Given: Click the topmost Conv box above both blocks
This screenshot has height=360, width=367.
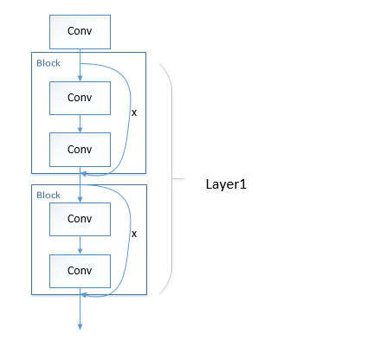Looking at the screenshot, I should (80, 33).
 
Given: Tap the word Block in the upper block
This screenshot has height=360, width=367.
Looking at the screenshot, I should (48, 63).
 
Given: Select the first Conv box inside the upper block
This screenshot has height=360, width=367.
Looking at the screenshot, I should (80, 98).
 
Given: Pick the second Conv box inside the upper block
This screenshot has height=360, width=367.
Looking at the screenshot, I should (80, 149).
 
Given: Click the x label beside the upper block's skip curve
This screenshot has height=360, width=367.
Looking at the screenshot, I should (133, 112).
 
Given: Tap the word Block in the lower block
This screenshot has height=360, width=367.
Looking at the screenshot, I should (48, 195).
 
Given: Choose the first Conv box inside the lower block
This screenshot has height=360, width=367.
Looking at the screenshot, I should (80, 220).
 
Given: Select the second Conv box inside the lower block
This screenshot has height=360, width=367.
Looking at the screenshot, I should (80, 271).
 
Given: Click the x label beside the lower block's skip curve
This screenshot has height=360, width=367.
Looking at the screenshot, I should (133, 234).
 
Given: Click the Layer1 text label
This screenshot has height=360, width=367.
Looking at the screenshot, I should (227, 184).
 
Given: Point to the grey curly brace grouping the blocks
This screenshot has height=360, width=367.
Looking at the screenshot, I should (174, 179).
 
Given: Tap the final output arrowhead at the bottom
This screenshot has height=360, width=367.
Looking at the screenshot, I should (80, 326).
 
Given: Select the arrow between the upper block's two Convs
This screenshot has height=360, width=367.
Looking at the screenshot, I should (80, 124).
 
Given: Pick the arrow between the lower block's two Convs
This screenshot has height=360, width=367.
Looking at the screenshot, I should (80, 246).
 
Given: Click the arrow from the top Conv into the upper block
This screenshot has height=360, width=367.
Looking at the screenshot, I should (80, 65).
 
